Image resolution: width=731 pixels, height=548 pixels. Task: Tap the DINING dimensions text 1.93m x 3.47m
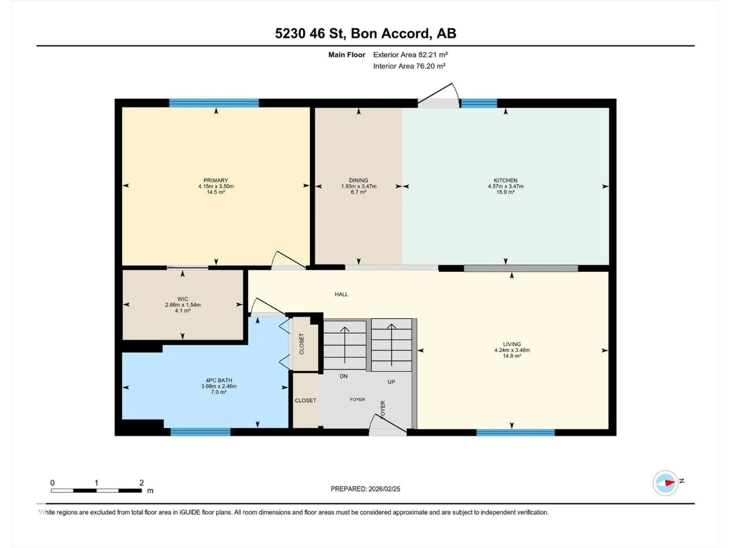pyautogui.click(x=359, y=186)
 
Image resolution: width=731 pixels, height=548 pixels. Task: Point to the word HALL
pyautogui.click(x=341, y=294)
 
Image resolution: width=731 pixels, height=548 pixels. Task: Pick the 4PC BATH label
pyautogui.click(x=219, y=380)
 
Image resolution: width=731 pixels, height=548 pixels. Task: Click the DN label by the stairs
pyautogui.click(x=343, y=376)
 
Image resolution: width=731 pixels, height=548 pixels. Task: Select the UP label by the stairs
pyautogui.click(x=391, y=382)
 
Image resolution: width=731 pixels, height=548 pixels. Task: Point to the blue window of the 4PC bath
pyautogui.click(x=200, y=432)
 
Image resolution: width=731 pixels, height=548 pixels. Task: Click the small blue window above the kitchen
pyautogui.click(x=479, y=103)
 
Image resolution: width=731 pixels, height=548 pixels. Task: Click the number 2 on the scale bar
pyautogui.click(x=141, y=483)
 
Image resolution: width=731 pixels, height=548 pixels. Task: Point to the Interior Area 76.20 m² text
pyautogui.click(x=409, y=66)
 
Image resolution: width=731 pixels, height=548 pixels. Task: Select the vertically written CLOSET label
pyautogui.click(x=301, y=344)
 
